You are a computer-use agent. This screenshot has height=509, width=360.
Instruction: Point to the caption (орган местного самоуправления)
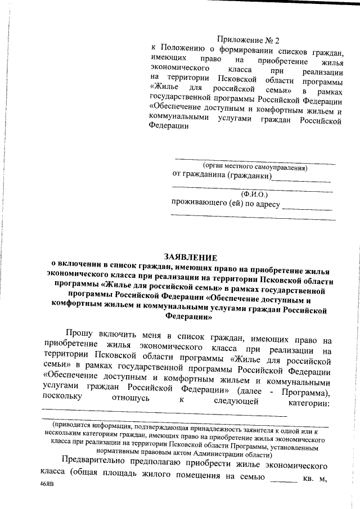[x=255, y=167]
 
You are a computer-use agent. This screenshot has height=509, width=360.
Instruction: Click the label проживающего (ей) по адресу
[x=226, y=204]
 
